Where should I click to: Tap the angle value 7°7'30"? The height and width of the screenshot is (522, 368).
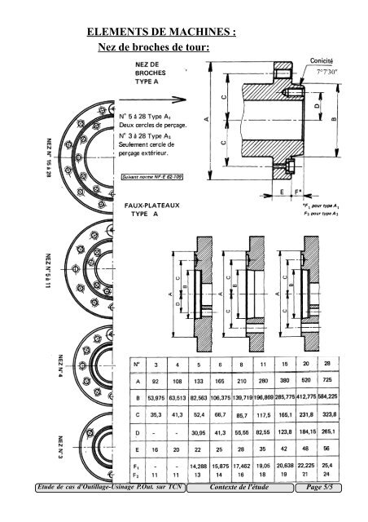322,70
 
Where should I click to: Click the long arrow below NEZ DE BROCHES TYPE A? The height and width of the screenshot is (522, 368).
155,104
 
